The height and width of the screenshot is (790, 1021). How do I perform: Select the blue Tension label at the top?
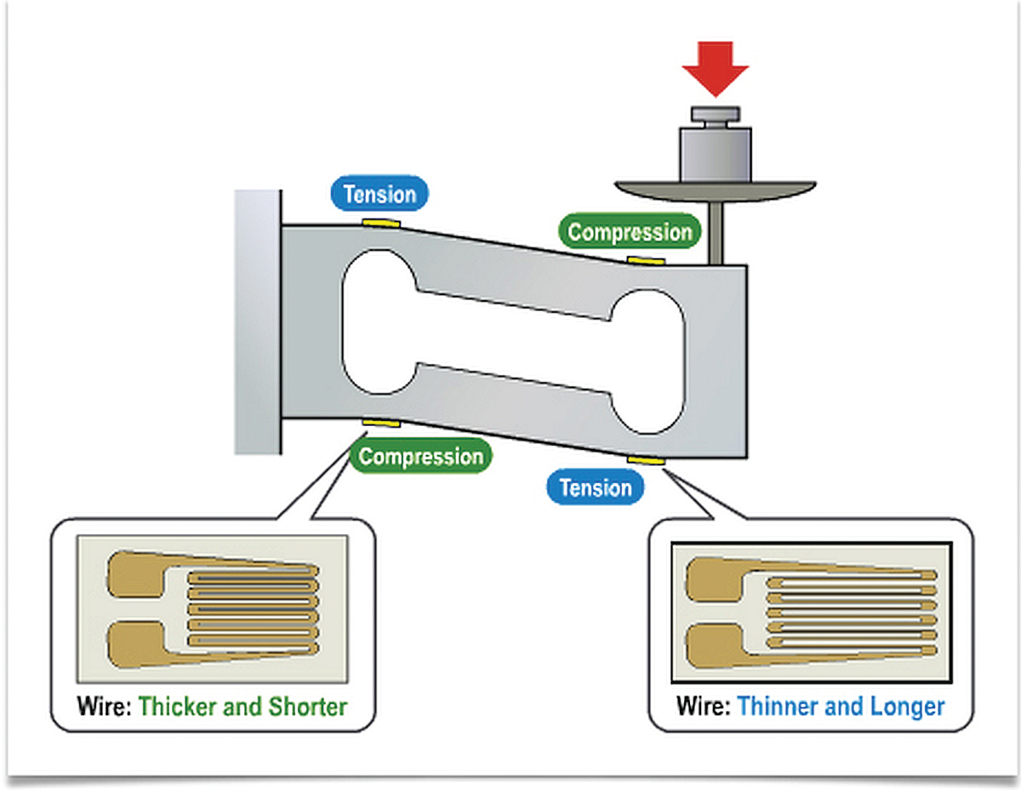(x=379, y=195)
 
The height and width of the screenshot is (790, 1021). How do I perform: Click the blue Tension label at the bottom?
(x=596, y=488)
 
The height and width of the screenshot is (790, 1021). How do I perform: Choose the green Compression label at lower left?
(x=420, y=457)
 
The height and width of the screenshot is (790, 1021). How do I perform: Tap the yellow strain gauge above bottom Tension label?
(x=647, y=460)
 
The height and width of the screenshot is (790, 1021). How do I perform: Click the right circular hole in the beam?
(x=648, y=361)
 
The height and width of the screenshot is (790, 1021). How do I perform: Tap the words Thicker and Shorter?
(x=242, y=707)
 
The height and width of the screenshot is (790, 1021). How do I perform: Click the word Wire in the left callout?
(x=104, y=707)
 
